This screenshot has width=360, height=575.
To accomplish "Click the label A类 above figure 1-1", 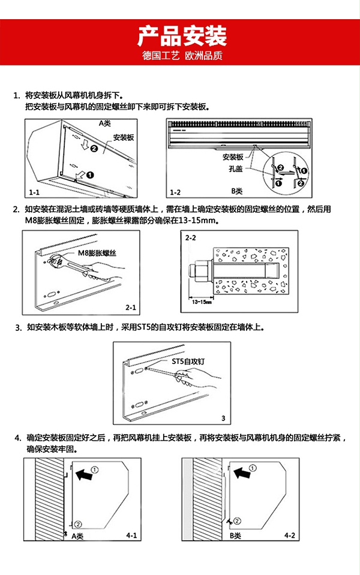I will point(105,123).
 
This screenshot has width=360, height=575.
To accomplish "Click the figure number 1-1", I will point(34,193).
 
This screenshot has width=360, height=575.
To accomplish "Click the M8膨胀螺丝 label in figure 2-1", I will point(97,253).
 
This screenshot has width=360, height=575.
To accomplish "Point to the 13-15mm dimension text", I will point(203,302).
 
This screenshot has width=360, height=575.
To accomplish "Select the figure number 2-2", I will point(191,238).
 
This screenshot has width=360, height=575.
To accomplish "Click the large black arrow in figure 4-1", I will point(86,475).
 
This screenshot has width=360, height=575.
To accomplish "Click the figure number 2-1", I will point(131,308).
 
